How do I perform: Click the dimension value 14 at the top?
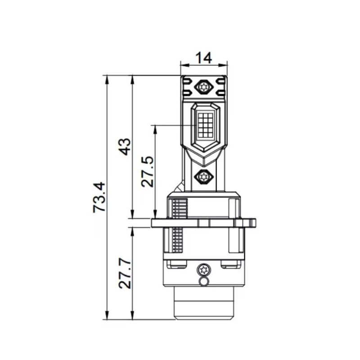(x=204, y=58)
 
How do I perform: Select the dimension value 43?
(x=125, y=147)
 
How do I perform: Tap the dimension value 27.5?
(x=147, y=172)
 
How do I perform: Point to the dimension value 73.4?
(x=99, y=197)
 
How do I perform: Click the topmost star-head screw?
(x=204, y=87)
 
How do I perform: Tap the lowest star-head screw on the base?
(x=204, y=270)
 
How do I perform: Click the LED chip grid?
(x=205, y=125)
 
